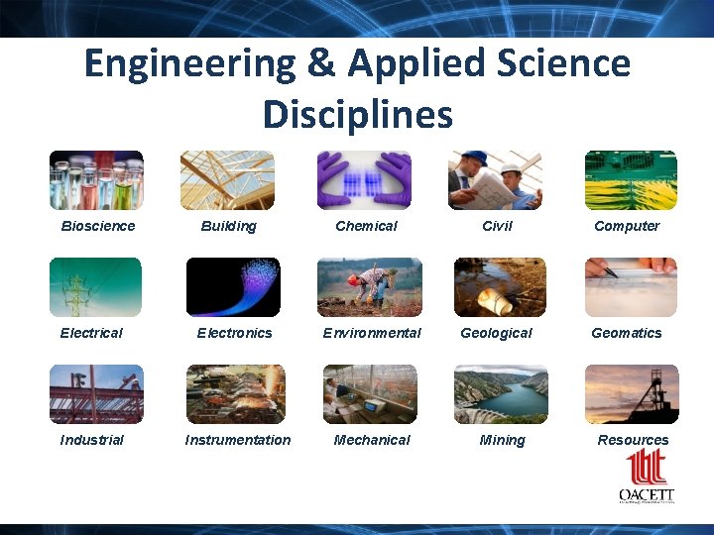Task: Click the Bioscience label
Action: [97, 226]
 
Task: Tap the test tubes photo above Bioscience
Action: [96, 180]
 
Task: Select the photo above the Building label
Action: [227, 180]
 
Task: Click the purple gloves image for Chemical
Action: [364, 180]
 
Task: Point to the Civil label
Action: [497, 226]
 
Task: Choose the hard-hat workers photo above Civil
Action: [495, 180]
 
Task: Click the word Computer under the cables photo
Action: [627, 226]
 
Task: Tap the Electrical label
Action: [91, 333]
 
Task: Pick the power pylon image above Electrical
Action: [96, 287]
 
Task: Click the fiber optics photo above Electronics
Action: [233, 287]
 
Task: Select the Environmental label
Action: [372, 333]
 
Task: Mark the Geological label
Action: [496, 333]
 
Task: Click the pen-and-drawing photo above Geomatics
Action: [631, 287]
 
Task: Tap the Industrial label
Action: [92, 440]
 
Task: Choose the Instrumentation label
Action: [238, 440]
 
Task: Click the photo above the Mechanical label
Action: [370, 394]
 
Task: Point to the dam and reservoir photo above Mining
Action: [501, 394]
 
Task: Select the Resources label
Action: [633, 440]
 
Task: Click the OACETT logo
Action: [646, 479]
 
